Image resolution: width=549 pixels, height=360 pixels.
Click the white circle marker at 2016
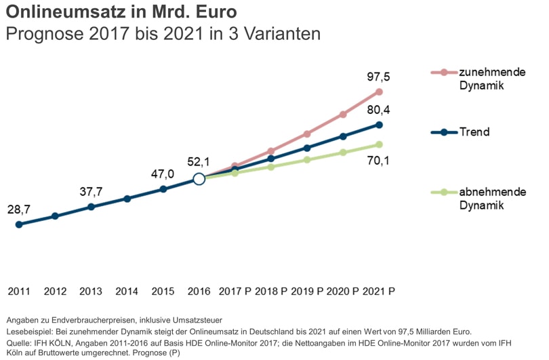click(x=199, y=179)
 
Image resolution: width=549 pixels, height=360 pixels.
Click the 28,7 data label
click(x=19, y=209)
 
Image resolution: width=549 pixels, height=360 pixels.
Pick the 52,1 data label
click(x=199, y=162)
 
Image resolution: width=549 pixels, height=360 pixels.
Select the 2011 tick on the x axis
click(x=19, y=292)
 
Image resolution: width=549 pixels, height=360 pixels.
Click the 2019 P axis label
click(x=306, y=292)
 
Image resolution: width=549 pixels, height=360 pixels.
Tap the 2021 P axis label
click(x=379, y=292)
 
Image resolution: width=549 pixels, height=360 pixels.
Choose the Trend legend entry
click(x=474, y=132)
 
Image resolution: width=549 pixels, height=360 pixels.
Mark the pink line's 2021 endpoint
click(x=379, y=92)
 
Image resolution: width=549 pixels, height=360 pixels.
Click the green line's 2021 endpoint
click(x=380, y=144)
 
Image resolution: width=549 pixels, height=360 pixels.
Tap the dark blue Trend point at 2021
click(x=380, y=125)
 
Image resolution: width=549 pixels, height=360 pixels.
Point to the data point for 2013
click(x=91, y=207)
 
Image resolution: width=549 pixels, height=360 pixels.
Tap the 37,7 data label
click(x=91, y=192)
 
